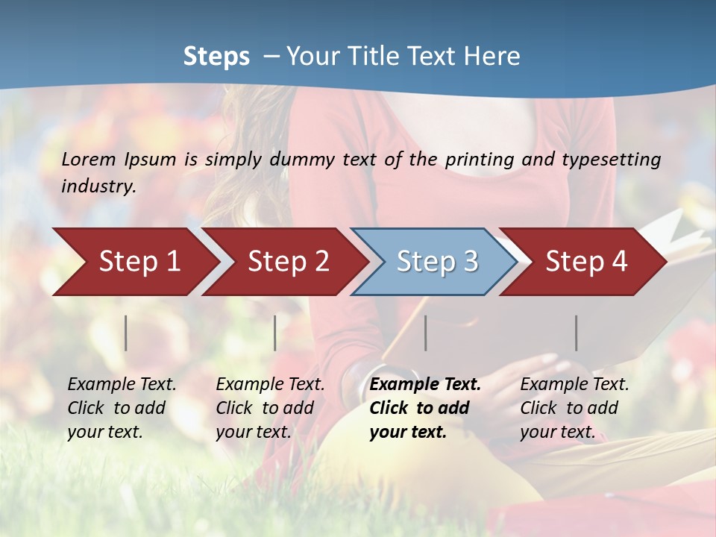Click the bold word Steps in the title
[216, 57]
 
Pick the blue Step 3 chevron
[437, 262]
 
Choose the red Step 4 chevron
[586, 262]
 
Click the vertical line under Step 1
[126, 333]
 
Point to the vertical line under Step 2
[275, 333]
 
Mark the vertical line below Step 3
[426, 333]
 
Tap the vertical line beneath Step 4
[577, 333]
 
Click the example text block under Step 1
[121, 408]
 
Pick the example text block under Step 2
[269, 408]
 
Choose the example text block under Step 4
[574, 408]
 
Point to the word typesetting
[611, 160]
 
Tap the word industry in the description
[98, 186]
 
